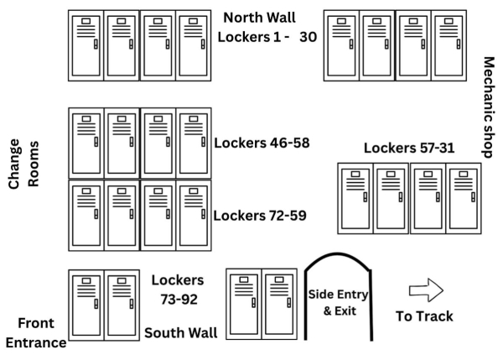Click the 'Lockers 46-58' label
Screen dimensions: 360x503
pyautogui.click(x=262, y=143)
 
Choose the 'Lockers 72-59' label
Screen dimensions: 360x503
pyautogui.click(x=260, y=215)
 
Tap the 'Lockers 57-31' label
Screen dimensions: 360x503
pyautogui.click(x=409, y=148)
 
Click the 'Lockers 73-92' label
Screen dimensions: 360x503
pyautogui.click(x=178, y=289)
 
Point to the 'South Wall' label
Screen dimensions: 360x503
pyautogui.click(x=181, y=333)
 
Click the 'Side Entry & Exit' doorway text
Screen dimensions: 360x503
pyautogui.click(x=340, y=300)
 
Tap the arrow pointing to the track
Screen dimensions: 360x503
pyautogui.click(x=426, y=290)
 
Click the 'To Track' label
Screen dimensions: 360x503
pyautogui.click(x=424, y=316)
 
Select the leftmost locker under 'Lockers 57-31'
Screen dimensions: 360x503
pyautogui.click(x=356, y=197)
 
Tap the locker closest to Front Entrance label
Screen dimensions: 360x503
pyautogui.click(x=86, y=304)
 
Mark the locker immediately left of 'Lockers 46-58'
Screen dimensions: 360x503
pyautogui.click(x=193, y=143)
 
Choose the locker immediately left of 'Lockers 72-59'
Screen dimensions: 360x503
pyautogui.click(x=193, y=215)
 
